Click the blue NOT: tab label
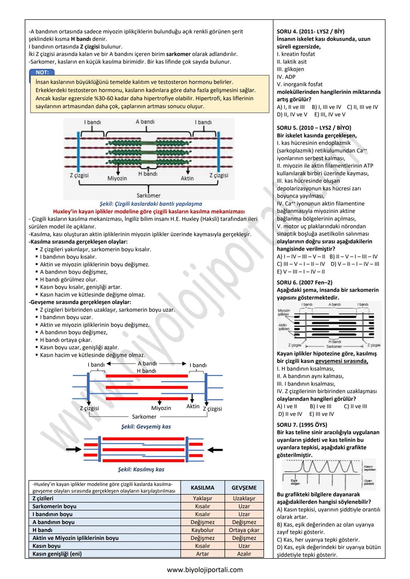click(42, 72)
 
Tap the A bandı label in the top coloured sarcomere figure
click(145, 122)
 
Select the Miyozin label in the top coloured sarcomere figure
click(117, 178)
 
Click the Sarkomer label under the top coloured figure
click(148, 196)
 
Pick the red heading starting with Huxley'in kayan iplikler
click(149, 211)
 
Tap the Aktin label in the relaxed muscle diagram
click(193, 406)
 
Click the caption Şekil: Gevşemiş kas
click(146, 427)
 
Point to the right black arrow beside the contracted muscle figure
click(215, 450)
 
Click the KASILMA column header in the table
click(202, 488)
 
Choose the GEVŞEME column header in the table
click(244, 488)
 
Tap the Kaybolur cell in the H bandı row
click(202, 530)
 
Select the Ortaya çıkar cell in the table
click(244, 530)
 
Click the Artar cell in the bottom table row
click(202, 554)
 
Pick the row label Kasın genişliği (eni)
click(57, 554)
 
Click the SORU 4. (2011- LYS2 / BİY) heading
click(311, 31)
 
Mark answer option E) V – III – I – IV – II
click(301, 271)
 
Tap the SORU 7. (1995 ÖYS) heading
click(302, 425)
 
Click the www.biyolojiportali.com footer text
click(205, 570)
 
